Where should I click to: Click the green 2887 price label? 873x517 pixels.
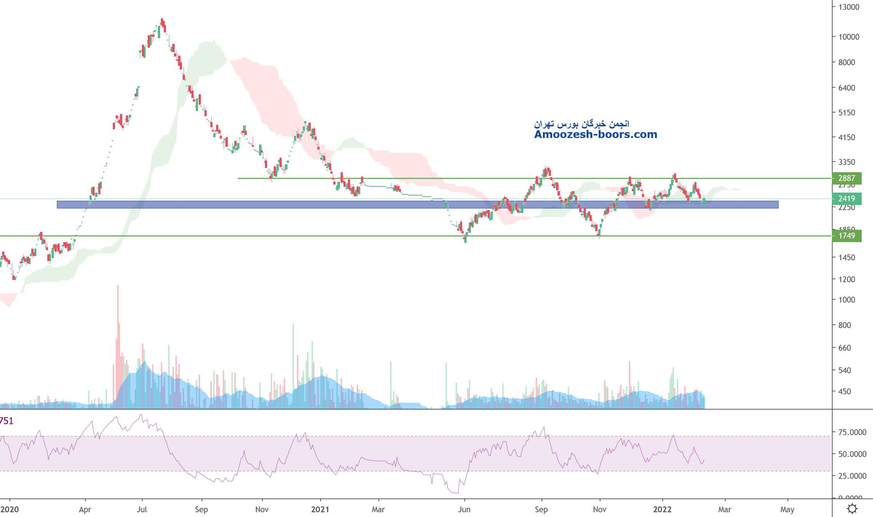(x=846, y=178)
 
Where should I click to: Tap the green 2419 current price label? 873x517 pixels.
(x=846, y=199)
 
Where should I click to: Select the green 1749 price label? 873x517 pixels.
(x=846, y=236)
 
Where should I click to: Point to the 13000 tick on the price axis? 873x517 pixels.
(x=849, y=7)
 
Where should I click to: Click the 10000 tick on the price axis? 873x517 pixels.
(x=849, y=37)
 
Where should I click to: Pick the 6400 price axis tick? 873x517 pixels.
(x=846, y=88)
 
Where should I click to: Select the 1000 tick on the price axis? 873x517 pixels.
(x=846, y=300)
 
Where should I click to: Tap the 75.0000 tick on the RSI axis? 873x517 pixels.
(x=852, y=432)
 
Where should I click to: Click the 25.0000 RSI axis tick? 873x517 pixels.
(x=852, y=476)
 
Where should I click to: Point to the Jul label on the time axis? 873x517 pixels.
(x=142, y=509)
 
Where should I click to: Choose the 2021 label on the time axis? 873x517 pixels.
(x=320, y=509)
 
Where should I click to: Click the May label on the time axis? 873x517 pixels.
(x=787, y=509)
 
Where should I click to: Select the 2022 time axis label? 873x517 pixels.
(x=662, y=509)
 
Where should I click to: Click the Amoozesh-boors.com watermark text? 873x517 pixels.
(x=595, y=135)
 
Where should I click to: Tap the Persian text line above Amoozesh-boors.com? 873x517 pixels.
(x=581, y=124)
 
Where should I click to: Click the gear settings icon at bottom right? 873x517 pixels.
(x=852, y=508)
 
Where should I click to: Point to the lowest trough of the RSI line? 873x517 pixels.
(x=457, y=493)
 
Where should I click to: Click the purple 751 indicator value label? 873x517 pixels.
(x=7, y=421)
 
